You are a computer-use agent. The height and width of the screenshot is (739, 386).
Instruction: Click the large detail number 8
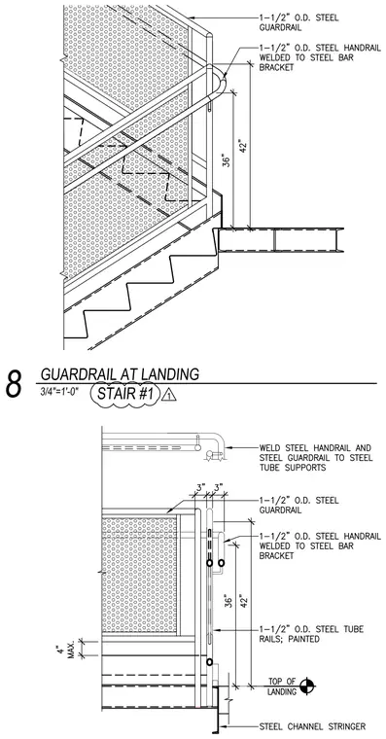pyautogui.click(x=15, y=384)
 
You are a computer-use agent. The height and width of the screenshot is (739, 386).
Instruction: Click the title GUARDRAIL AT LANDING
pyautogui.click(x=120, y=374)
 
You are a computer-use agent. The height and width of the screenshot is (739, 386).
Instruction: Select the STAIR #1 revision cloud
pyautogui.click(x=125, y=394)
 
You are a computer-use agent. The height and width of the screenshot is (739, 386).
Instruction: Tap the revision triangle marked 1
pyautogui.click(x=169, y=395)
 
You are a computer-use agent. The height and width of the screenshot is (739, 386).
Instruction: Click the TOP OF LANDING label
pyautogui.click(x=282, y=686)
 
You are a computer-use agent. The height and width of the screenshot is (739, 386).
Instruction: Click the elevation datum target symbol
pyautogui.click(x=308, y=686)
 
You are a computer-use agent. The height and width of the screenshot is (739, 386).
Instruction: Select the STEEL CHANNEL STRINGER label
pyautogui.click(x=312, y=726)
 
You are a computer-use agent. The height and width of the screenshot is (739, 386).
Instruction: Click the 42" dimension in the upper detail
pyautogui.click(x=243, y=146)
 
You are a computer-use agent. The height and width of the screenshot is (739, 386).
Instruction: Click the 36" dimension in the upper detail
pyautogui.click(x=227, y=159)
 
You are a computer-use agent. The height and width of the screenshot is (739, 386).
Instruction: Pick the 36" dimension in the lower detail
pyautogui.click(x=228, y=601)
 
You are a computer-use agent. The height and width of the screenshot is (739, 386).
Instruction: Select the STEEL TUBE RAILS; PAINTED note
pyautogui.click(x=311, y=634)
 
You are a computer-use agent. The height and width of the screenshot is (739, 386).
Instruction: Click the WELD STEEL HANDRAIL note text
pyautogui.click(x=316, y=458)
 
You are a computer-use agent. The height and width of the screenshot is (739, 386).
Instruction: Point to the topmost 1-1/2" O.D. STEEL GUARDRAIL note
pyautogui.click(x=298, y=22)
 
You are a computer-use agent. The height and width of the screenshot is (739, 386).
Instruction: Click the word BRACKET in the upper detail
pyautogui.click(x=277, y=67)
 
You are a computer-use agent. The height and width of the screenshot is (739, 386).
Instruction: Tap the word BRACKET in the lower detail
pyautogui.click(x=277, y=555)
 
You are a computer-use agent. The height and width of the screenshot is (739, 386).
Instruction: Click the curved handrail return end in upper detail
pyautogui.click(x=222, y=83)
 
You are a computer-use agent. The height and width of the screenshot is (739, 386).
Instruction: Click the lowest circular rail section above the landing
pyautogui.click(x=209, y=662)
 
